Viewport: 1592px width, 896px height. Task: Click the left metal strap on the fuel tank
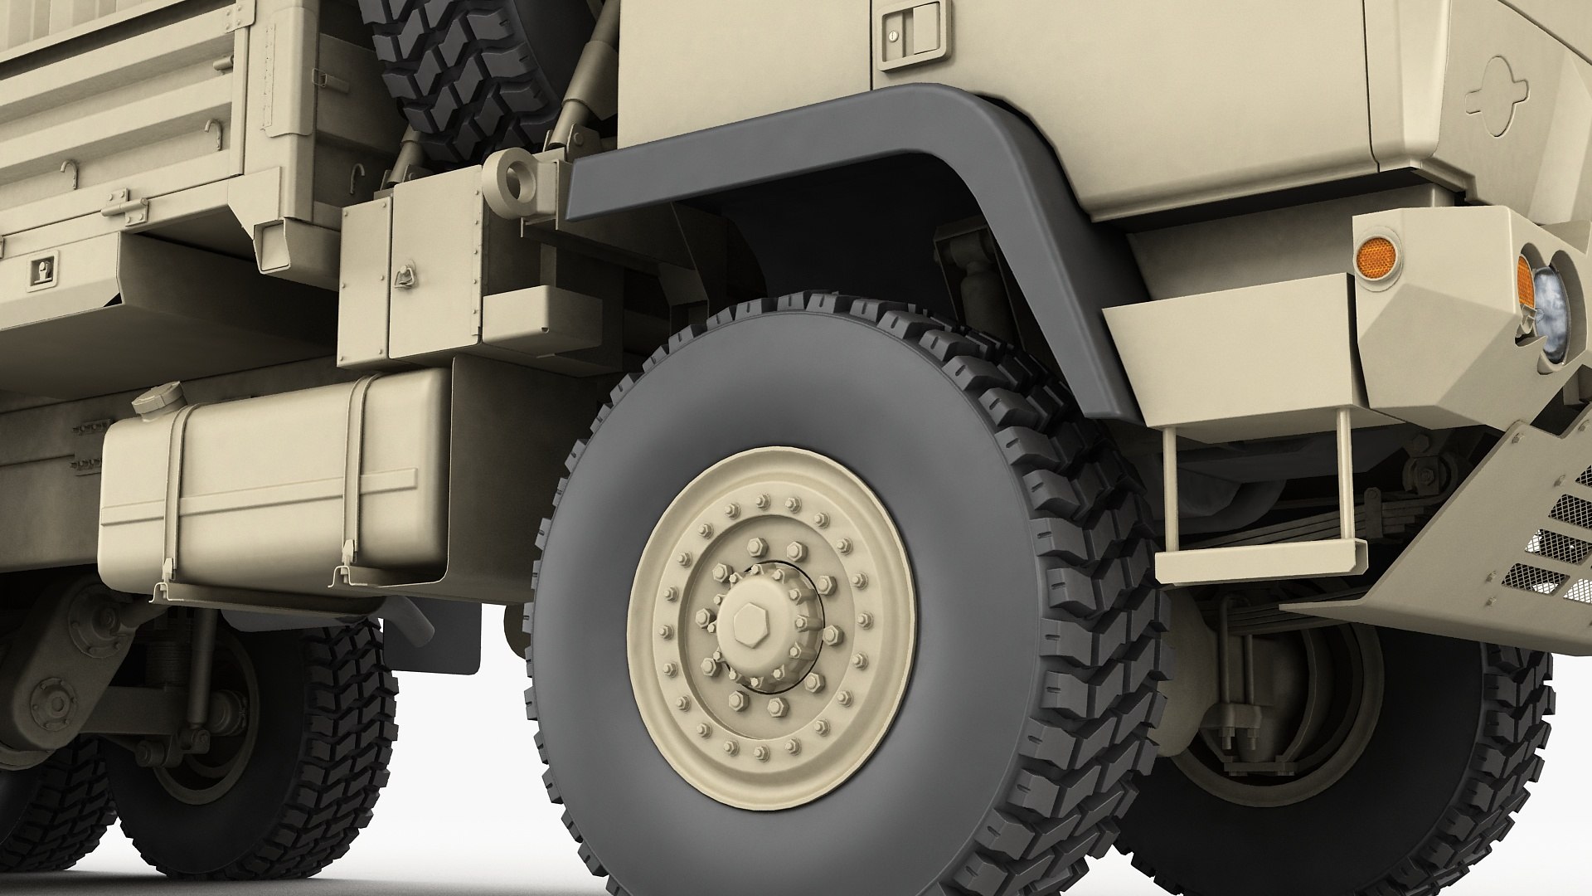(171, 498)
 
